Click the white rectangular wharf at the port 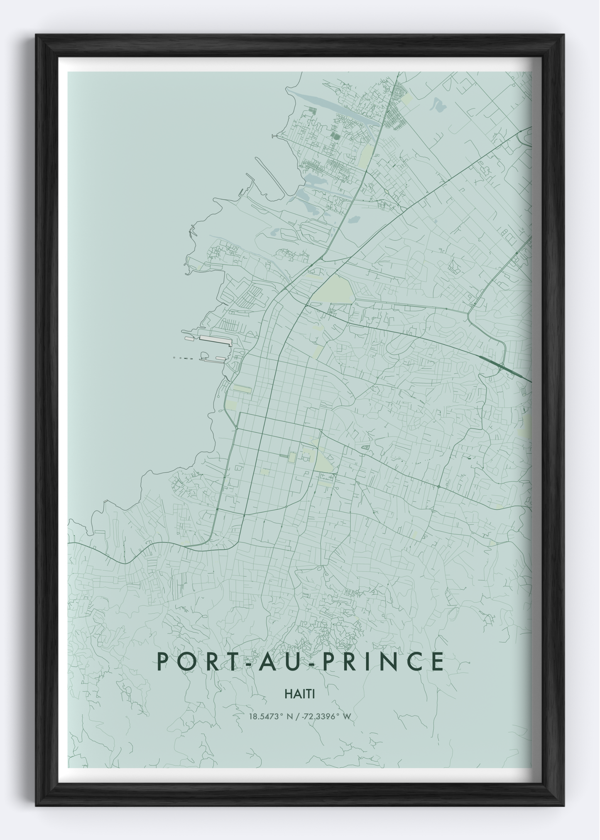pyautogui.click(x=215, y=341)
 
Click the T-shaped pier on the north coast pyautogui.click(x=277, y=136)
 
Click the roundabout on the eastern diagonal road pyautogui.click(x=438, y=486)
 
